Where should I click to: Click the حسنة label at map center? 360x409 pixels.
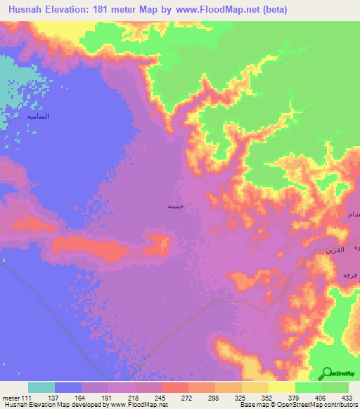176,207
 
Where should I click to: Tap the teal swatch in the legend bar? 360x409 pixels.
41,387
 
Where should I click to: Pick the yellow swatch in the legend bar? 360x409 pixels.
281,387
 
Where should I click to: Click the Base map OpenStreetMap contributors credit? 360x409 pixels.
296,405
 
